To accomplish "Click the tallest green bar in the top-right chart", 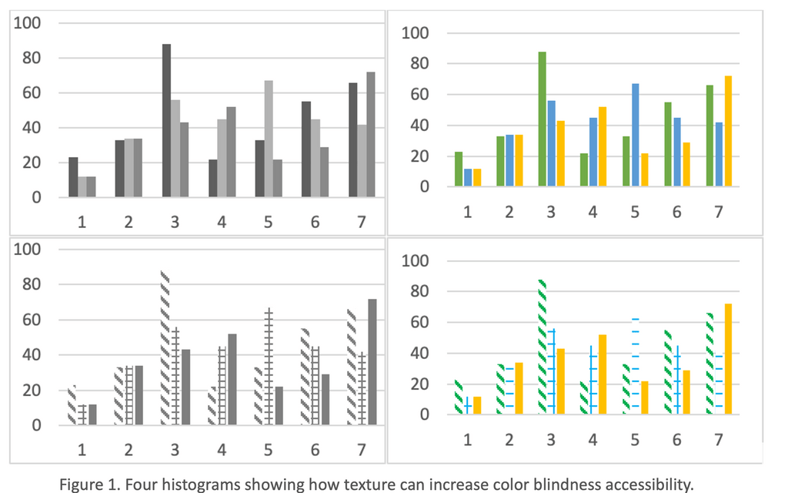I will (542, 119).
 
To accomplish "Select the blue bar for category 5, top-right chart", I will (635, 135).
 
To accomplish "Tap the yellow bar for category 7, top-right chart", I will (728, 131).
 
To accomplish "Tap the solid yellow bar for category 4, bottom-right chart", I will (603, 374).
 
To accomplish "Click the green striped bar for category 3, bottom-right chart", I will (543, 347).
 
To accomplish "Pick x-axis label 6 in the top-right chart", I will (676, 212).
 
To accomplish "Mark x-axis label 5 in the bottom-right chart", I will (635, 439).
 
